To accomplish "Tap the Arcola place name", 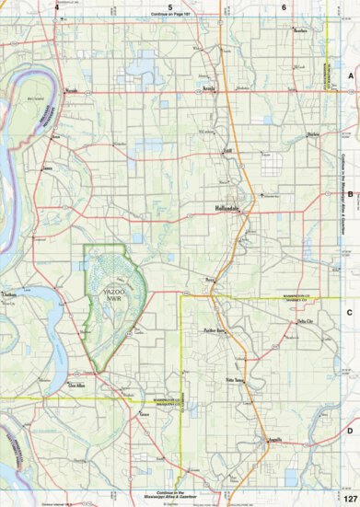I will tap(208, 90).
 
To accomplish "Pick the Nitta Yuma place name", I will tap(232, 379).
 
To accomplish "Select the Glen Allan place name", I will tap(82, 386).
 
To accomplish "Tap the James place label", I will tap(48, 168).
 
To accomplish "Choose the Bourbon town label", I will tap(299, 30).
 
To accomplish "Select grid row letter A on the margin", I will tap(351, 76).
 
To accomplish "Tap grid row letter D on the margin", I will tap(351, 405).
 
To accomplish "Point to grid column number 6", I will tap(285, 6).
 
